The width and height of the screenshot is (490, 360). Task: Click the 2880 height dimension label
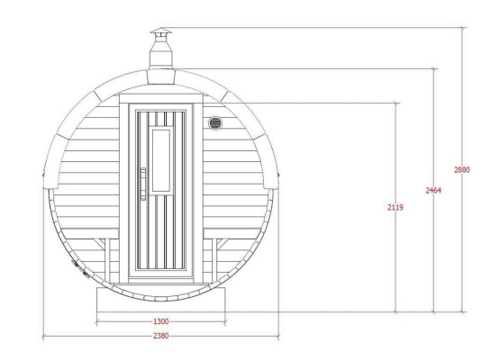pyautogui.click(x=461, y=169)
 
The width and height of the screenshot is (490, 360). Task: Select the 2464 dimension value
pyautogui.click(x=433, y=190)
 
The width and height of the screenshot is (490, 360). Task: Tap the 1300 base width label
pyautogui.click(x=160, y=321)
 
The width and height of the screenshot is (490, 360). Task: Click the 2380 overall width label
pyautogui.click(x=160, y=336)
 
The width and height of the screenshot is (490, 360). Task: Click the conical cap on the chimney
pyautogui.click(x=159, y=32)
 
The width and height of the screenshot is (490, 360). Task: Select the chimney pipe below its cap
pyautogui.click(x=159, y=54)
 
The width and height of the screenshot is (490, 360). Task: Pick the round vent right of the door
pyautogui.click(x=215, y=122)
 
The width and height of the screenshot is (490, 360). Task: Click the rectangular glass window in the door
pyautogui.click(x=161, y=159)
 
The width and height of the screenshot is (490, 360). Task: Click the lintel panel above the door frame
pyautogui.click(x=160, y=98)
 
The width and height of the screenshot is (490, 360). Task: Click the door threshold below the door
pyautogui.click(x=160, y=281)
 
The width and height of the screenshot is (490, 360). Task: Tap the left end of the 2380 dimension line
pyautogui.click(x=44, y=336)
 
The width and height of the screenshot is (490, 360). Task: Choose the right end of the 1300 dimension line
pyautogui.click(x=225, y=321)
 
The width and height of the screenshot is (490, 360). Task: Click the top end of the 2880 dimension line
pyautogui.click(x=464, y=27)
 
